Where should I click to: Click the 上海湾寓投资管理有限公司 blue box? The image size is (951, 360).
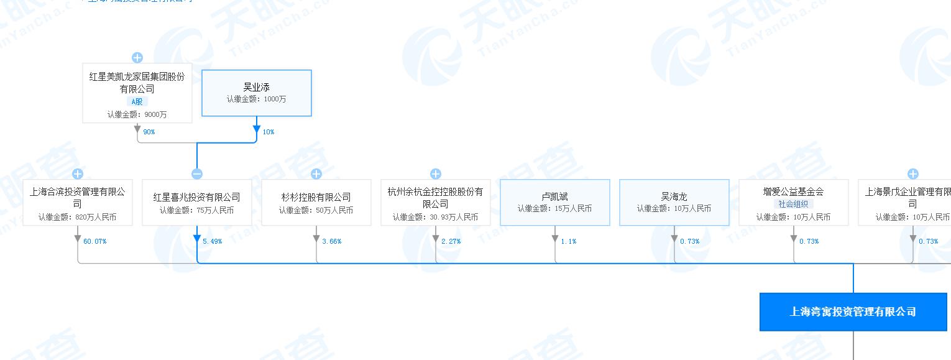click(853, 312)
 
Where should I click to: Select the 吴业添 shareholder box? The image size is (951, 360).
click(256, 93)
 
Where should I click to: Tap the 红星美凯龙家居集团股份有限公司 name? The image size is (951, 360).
click(137, 83)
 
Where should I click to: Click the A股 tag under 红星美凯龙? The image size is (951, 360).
click(137, 101)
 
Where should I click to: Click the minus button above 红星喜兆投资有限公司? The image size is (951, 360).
click(197, 174)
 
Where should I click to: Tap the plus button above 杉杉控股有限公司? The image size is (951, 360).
click(316, 174)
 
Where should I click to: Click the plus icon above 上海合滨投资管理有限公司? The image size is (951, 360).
click(78, 174)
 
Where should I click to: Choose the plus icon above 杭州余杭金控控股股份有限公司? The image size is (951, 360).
click(436, 174)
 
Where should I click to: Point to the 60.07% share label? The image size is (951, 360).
click(94, 241)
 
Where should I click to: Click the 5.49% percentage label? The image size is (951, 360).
click(212, 241)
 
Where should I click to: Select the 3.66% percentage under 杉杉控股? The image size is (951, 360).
click(331, 241)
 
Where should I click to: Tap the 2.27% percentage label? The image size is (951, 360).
click(451, 241)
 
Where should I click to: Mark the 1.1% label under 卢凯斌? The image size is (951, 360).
click(568, 241)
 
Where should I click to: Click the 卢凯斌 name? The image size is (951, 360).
click(555, 196)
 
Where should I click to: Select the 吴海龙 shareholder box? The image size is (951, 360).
click(674, 202)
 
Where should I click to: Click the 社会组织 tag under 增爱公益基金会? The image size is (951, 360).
click(793, 204)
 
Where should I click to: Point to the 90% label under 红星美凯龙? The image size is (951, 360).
click(149, 132)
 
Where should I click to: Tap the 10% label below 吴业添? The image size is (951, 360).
click(268, 132)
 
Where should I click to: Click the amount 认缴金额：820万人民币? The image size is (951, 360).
click(77, 217)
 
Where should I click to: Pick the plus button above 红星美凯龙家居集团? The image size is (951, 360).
click(137, 58)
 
